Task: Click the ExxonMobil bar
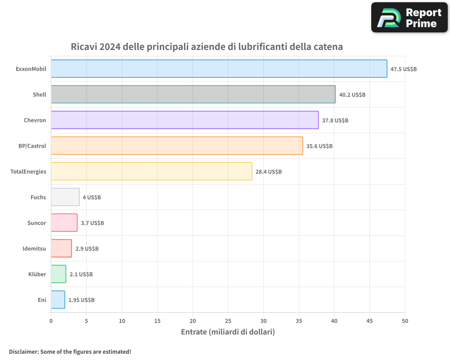coord(219,69)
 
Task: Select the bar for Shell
coord(193,94)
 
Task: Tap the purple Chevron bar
coord(184,120)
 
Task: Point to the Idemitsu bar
coord(61,248)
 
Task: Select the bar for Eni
coord(58,300)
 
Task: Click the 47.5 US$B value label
coord(404,69)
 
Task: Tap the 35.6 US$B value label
coord(319,146)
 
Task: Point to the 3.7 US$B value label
coord(92,223)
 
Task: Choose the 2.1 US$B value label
coord(81,274)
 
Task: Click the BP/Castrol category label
coord(29,146)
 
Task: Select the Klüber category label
coord(37,274)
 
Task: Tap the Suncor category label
coord(36,223)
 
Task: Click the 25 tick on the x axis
coord(228,321)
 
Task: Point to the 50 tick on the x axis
coord(405,321)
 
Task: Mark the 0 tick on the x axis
coord(51,321)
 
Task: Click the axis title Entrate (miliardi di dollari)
coord(228,332)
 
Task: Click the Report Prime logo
coord(409,18)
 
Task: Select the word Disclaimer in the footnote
coord(23,351)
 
